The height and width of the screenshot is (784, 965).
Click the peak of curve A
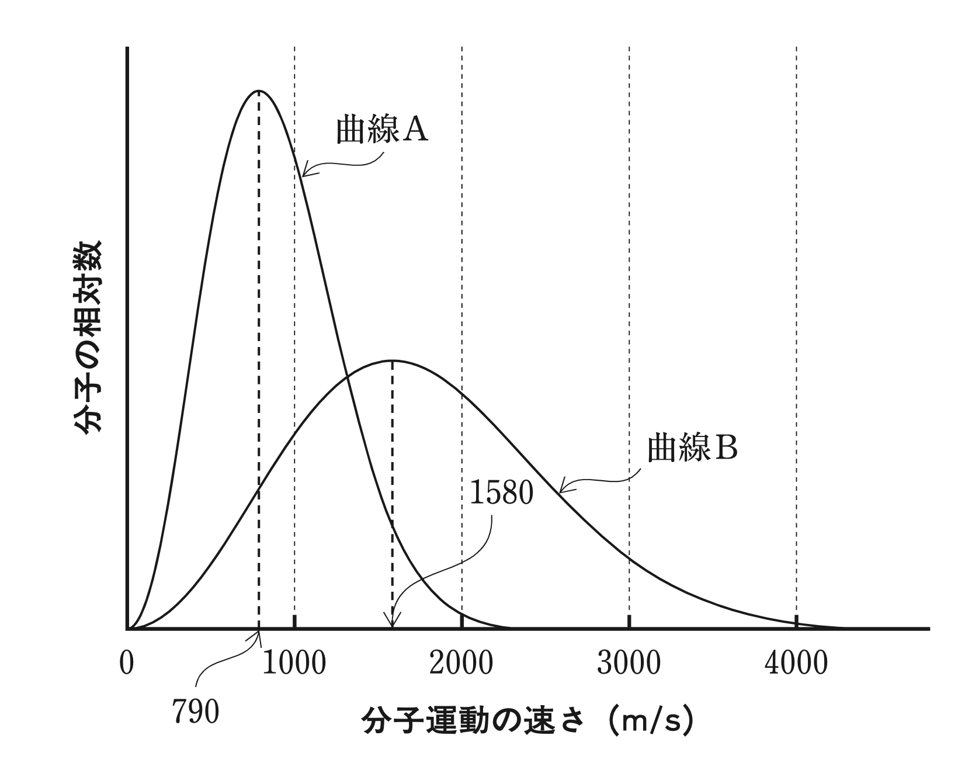pos(258,91)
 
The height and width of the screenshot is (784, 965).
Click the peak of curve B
pos(393,360)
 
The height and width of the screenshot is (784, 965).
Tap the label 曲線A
pos(382,130)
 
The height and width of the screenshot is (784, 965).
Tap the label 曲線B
pos(693,449)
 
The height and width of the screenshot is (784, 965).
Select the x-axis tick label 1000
pos(294,664)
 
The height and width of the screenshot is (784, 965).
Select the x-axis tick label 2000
pos(461,664)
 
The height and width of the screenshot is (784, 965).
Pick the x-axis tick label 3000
pos(629,664)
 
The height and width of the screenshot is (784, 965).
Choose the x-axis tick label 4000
pos(797,664)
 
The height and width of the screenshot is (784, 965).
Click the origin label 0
pos(127,664)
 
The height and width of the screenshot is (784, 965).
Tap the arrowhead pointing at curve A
pos(305,173)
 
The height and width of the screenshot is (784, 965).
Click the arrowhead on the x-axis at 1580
pos(392,625)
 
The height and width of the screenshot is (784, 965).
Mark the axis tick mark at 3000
pos(629,622)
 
